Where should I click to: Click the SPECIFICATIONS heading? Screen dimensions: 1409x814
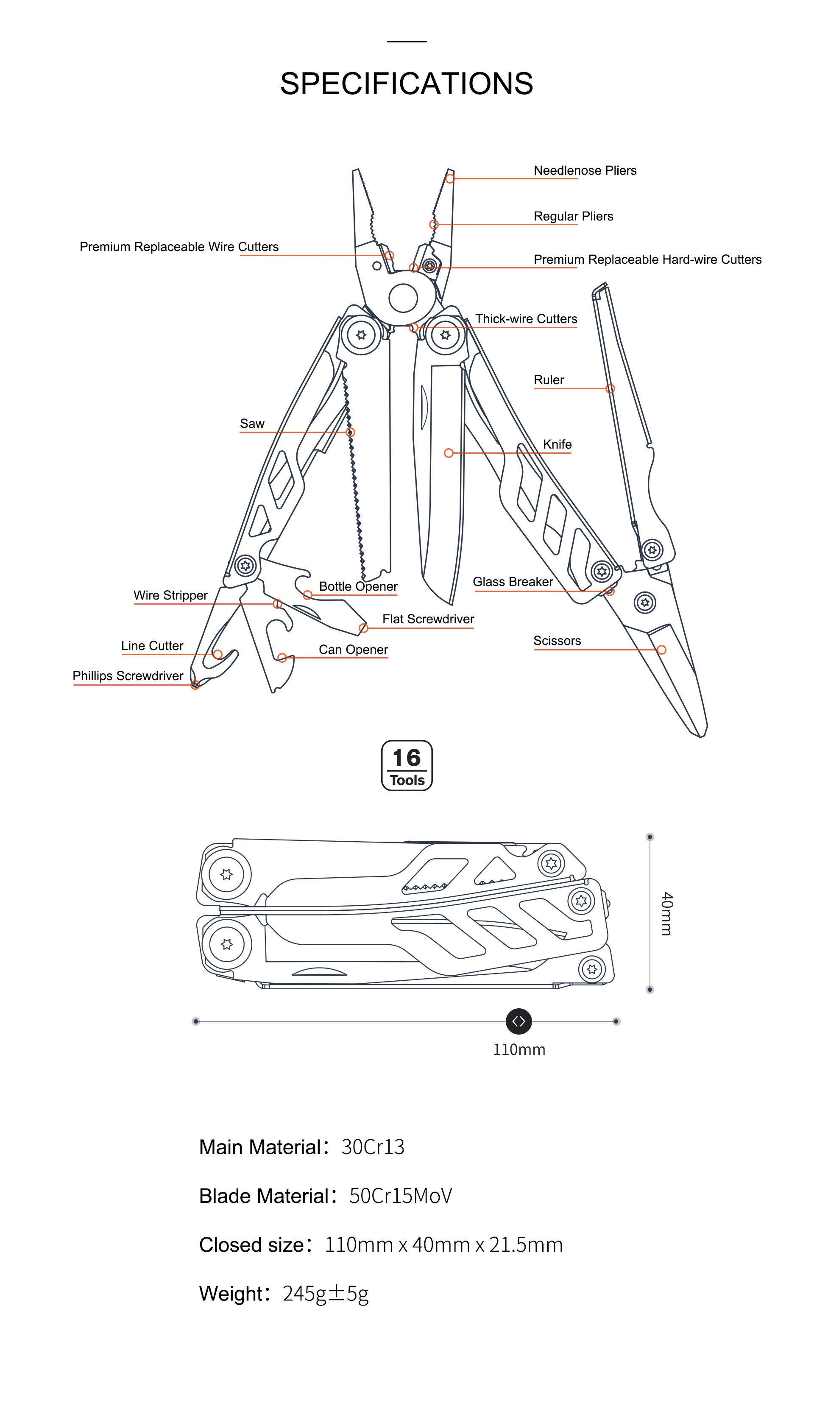(407, 84)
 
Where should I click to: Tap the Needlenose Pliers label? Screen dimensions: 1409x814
(585, 170)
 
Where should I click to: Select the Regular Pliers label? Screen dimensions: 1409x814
(573, 216)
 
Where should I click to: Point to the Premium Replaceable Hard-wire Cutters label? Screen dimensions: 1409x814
(647, 259)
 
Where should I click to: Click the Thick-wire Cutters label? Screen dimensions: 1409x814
(526, 319)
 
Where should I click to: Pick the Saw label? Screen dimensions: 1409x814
(252, 424)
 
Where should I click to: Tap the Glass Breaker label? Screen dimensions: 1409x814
(513, 582)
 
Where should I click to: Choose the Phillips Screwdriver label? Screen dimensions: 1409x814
(128, 676)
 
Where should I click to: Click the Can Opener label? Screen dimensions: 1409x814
(353, 650)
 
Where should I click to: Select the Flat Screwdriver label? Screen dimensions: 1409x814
(428, 619)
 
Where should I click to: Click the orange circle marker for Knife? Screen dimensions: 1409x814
(449, 453)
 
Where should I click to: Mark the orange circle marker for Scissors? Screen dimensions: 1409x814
(661, 650)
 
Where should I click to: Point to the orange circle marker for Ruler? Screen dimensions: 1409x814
(610, 388)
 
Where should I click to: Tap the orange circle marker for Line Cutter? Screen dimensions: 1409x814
(218, 654)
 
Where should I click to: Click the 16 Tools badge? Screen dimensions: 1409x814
(407, 765)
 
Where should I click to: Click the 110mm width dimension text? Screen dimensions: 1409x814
(519, 1049)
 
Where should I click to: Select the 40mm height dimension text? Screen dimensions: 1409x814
(666, 914)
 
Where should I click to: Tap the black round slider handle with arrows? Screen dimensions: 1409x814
(519, 1021)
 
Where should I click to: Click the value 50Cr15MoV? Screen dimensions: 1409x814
(400, 1196)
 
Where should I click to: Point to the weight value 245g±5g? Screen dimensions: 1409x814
(325, 1293)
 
